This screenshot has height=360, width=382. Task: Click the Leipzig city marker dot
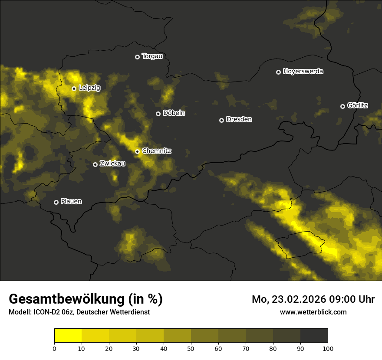click(x=74, y=88)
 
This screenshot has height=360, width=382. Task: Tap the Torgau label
click(x=152, y=56)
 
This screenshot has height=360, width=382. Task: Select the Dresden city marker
click(x=221, y=120)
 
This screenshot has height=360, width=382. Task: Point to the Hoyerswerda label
click(x=303, y=71)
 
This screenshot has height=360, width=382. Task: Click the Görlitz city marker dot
click(x=342, y=106)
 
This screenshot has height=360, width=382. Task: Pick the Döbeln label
click(x=174, y=113)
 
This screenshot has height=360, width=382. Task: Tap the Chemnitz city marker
click(x=137, y=151)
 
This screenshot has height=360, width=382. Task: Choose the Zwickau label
click(x=112, y=164)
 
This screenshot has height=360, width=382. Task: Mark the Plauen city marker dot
click(x=56, y=202)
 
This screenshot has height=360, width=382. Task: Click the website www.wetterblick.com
click(x=313, y=312)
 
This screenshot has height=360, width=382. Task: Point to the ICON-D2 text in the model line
click(x=45, y=312)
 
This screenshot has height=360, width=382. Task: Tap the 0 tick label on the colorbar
click(x=54, y=348)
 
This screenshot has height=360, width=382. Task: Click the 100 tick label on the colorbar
click(x=328, y=348)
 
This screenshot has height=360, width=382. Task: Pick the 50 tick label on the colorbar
click(x=191, y=348)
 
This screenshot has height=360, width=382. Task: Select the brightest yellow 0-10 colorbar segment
click(x=68, y=336)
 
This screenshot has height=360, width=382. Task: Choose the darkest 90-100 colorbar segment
click(x=314, y=336)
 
